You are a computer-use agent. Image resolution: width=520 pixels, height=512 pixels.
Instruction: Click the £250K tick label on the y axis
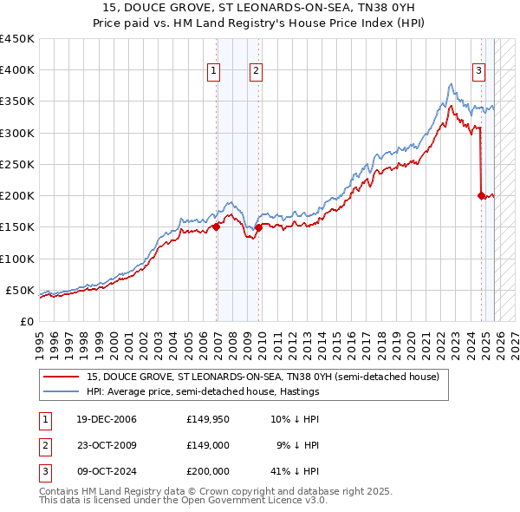tap(16, 164)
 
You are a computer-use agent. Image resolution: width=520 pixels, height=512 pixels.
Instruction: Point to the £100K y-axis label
tap(16, 259)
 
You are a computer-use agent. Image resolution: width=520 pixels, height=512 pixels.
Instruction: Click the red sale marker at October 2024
tap(481, 195)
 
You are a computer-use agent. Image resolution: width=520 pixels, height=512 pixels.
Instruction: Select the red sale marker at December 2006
tap(217, 227)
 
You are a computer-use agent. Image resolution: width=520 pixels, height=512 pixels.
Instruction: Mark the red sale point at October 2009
tap(258, 227)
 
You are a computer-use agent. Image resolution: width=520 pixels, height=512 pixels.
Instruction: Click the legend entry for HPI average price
tap(203, 391)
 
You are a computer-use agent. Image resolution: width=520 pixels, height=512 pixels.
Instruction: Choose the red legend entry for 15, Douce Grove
tap(263, 377)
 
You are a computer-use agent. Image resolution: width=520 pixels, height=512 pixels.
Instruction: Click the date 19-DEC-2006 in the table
tap(100, 420)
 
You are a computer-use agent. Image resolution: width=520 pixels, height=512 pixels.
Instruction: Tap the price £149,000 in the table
tap(207, 445)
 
